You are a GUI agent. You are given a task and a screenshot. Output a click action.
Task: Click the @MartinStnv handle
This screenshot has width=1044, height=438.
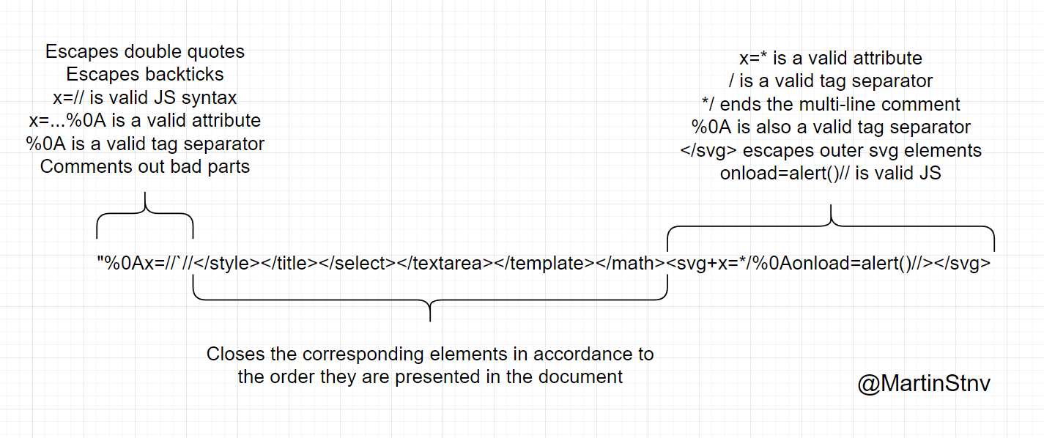[924, 384]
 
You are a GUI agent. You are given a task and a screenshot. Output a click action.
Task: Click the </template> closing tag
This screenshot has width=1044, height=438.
[544, 263]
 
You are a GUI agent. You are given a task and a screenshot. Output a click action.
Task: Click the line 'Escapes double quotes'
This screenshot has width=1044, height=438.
[144, 51]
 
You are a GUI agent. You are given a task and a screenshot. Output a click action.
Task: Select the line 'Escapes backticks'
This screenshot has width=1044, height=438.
[144, 74]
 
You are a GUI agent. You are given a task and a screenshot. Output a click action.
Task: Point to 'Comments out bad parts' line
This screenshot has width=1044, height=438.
[144, 166]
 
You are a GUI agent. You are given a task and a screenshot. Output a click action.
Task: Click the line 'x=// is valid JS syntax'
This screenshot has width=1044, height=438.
[144, 97]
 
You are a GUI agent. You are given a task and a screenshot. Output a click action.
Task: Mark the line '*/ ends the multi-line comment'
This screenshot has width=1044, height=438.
[831, 104]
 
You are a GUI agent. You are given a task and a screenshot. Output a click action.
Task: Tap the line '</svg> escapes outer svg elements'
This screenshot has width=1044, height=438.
[831, 150]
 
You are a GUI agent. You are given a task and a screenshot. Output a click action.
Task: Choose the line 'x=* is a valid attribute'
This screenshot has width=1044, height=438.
[831, 58]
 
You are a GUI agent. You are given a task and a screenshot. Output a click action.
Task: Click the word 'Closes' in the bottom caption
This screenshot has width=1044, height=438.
[236, 354]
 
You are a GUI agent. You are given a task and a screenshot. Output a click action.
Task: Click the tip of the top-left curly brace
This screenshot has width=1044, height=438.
[145, 193]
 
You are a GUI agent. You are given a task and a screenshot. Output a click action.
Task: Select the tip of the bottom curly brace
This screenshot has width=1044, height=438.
[430, 321]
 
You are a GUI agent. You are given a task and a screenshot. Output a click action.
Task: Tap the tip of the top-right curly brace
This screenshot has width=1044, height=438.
[831, 205]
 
